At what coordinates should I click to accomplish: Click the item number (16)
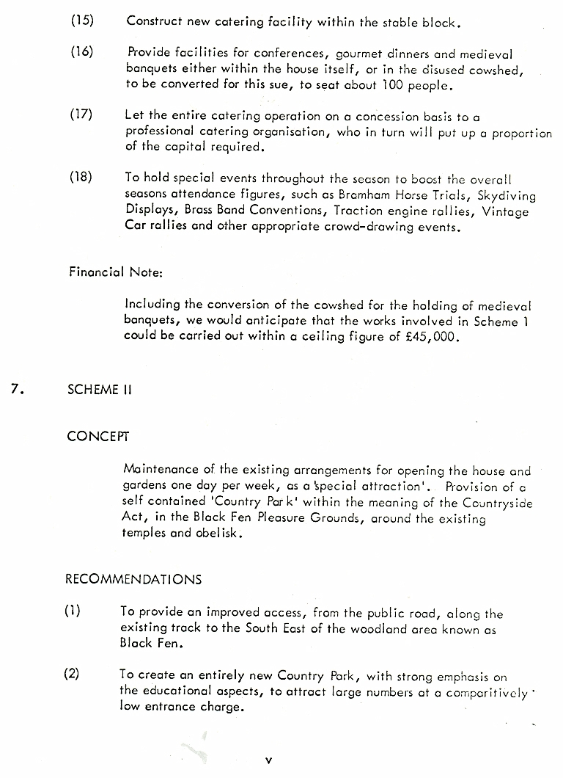82,53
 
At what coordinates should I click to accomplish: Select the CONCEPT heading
97,436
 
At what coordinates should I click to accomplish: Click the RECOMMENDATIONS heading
133,579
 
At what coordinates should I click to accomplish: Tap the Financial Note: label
116,272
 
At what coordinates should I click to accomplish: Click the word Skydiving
507,196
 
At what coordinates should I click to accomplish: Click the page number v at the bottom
268,761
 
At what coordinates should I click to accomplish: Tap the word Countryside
498,503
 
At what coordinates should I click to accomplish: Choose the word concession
387,116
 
